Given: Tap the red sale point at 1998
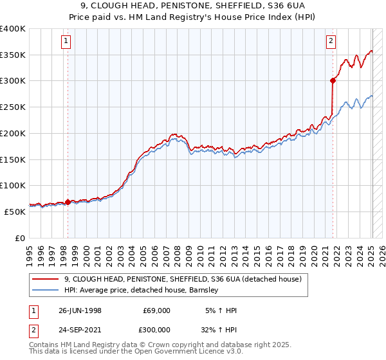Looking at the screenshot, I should [68, 201].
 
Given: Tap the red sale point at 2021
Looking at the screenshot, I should [333, 80].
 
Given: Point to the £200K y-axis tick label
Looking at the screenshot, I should [13, 133].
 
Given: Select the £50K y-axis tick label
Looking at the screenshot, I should [15, 212].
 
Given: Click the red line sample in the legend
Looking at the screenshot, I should [46, 279].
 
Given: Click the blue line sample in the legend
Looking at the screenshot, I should [46, 290].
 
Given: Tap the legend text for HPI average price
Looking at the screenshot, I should [142, 290].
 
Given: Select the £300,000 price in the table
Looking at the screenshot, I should [156, 330].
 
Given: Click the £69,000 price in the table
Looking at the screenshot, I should [156, 310].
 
